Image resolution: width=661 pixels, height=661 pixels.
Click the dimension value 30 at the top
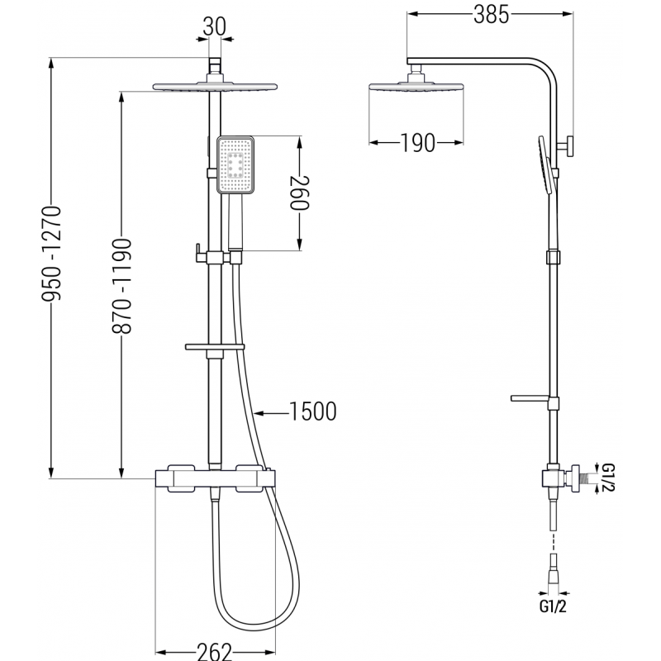[214, 26]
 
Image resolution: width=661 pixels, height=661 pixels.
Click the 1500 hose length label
[312, 411]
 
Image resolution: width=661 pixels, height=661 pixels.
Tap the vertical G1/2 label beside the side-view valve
[608, 478]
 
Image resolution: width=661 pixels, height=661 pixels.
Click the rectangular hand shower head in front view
[237, 166]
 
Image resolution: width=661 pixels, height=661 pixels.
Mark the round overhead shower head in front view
[214, 86]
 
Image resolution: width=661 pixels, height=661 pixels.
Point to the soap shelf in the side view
[534, 400]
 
